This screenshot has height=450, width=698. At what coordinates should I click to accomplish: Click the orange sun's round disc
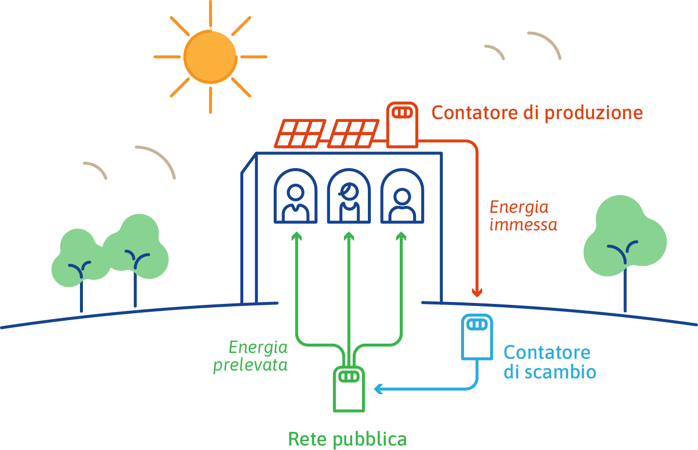[x=210, y=57]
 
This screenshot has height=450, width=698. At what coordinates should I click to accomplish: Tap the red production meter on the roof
[x=402, y=125]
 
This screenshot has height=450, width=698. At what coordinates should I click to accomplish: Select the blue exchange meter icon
[x=477, y=337]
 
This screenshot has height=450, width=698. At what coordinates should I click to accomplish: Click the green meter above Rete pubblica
[x=349, y=389]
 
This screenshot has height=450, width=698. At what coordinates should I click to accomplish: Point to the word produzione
[x=594, y=113]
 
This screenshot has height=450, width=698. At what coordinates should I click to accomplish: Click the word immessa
[x=523, y=225]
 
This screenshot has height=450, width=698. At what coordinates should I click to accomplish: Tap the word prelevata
[x=250, y=365]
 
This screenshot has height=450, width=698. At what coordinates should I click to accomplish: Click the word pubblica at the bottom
[x=370, y=439]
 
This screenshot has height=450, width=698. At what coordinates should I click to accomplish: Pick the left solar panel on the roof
[x=300, y=133]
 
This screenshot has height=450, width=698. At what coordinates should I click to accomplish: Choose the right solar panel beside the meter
[x=353, y=133]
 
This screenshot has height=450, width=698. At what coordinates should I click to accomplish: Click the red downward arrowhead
[x=477, y=293]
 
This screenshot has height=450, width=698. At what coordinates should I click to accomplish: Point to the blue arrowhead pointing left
[x=378, y=389]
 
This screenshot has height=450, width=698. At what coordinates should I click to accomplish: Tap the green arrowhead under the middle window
[x=349, y=236]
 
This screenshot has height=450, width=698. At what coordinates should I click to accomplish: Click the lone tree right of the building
[x=625, y=246]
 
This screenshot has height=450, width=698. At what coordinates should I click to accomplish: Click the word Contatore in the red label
[x=475, y=113]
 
